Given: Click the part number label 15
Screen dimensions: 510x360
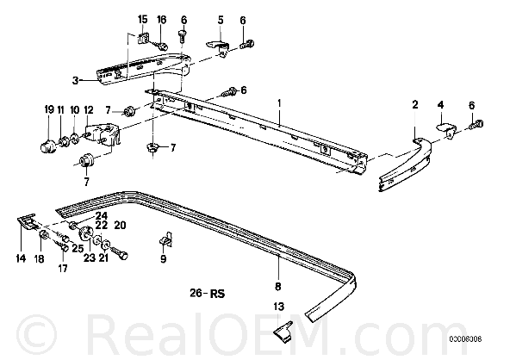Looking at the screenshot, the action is pos(142,20).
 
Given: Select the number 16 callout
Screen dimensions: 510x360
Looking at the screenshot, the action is pos(162,20).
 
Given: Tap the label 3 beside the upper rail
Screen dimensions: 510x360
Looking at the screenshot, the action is pos(75,80).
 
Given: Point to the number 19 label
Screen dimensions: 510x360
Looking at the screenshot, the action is pos(49,110).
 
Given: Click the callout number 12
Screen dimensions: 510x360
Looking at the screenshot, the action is pos(89,110).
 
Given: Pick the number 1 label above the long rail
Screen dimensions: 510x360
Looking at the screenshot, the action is pos(279,103).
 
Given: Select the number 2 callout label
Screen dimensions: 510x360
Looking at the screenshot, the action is pos(415,105).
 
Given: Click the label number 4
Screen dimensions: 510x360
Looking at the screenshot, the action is pos(440,105).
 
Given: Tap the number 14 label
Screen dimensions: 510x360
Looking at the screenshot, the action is pos(21,258).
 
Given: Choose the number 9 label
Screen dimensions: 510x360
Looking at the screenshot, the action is pos(164,259).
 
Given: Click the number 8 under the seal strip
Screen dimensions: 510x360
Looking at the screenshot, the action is pos(277,287).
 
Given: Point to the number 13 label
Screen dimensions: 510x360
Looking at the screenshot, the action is pos(279,307).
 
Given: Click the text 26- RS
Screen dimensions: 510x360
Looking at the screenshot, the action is pos(207,294).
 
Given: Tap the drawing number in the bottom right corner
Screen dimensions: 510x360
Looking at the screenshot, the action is pos(465,339).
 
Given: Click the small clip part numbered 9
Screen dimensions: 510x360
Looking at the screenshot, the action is pos(165,239).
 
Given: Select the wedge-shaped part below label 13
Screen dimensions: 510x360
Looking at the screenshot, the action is pos(283,332).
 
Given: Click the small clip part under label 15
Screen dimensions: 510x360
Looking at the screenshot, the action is pos(142,39).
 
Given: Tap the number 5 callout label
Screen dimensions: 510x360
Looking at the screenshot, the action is pos(221,20).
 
